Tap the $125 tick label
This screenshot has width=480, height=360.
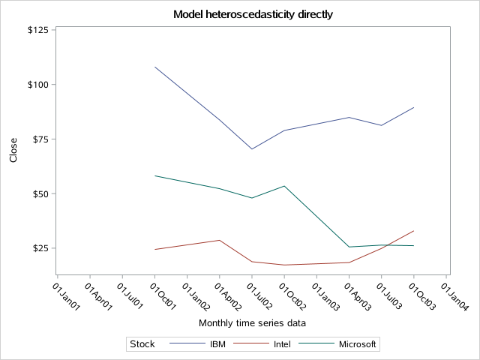(37, 30)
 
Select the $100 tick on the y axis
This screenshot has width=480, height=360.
(37, 85)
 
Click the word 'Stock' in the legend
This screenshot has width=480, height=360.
(142, 344)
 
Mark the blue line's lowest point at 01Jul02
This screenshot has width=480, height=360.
(252, 148)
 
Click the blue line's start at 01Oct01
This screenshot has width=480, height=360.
(154, 67)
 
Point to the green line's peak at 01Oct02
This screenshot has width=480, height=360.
(284, 186)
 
